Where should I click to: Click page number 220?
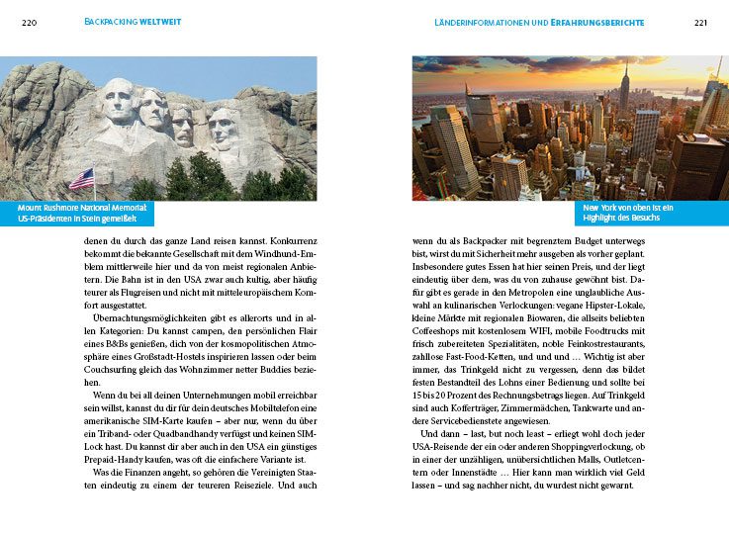[x=29, y=23]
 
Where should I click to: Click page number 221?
[x=700, y=23]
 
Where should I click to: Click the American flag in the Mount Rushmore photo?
[x=81, y=179]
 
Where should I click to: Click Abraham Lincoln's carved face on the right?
[x=224, y=129]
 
